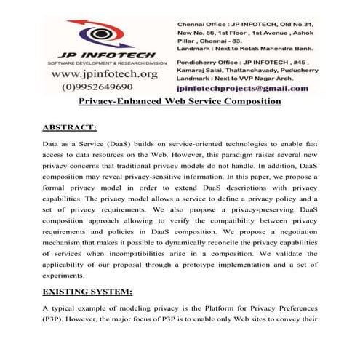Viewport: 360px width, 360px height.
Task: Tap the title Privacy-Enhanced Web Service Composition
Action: (x=179, y=101)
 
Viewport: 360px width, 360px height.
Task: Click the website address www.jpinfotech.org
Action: (x=105, y=74)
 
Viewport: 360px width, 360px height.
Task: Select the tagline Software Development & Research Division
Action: (x=104, y=63)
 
